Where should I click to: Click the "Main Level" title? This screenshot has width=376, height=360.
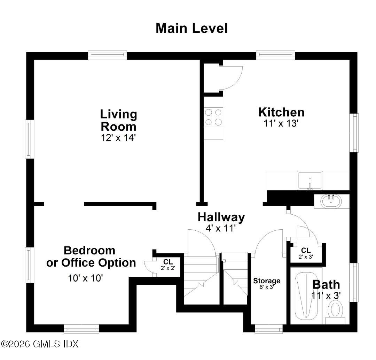pos(192,28)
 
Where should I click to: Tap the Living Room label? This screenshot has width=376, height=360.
pos(118,120)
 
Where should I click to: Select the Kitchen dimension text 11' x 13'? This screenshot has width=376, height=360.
pos(281,124)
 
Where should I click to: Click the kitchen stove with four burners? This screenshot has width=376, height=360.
pos(213,117)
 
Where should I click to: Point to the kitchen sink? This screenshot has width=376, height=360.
pos(310,181)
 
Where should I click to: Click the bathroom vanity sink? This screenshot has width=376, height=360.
pos(331,201)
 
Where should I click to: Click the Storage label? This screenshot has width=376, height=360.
pos(267,281)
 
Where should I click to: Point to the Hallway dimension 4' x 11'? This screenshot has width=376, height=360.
pos(221,228)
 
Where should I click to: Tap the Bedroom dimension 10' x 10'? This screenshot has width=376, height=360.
pos(85,278)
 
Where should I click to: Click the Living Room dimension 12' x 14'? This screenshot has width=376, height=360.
pos(118,138)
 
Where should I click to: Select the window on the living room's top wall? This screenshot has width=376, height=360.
pos(107,55)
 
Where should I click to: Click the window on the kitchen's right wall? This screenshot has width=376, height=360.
pos(354,132)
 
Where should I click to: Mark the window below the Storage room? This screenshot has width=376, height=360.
pos(269,329)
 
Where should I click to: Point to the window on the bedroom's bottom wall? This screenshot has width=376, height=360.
pos(81,329)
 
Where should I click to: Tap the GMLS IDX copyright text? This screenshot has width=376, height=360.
pos(40,344)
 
